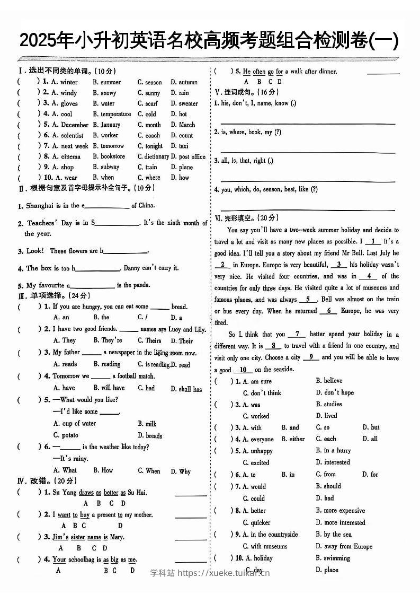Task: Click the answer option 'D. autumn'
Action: coord(184,82)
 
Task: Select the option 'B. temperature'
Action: coord(112,114)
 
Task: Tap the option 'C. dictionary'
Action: coord(153,156)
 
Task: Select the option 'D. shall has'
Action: coord(186,389)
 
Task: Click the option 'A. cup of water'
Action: coord(75,423)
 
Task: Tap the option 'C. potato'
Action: coord(66,435)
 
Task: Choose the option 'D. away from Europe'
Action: coord(344,546)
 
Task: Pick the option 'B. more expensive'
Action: coord(340,511)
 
